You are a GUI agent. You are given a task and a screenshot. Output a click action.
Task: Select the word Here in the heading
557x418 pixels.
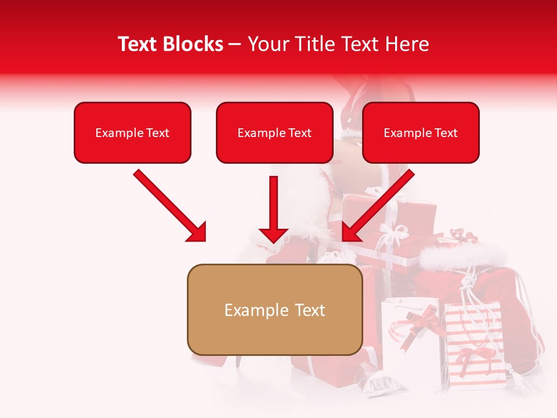coord(406,44)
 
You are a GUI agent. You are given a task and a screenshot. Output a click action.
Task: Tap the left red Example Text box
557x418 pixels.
coord(132,133)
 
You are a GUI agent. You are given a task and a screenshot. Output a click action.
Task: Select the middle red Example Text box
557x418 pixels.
coord(274,133)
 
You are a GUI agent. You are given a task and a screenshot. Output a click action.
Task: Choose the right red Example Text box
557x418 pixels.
coord(421,133)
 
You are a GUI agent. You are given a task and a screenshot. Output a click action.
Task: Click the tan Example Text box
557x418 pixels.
coord(274,309)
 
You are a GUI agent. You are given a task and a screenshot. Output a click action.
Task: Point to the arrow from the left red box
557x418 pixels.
coord(168,204)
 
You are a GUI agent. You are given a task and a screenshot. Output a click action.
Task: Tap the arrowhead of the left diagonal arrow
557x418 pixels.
coord(197,232)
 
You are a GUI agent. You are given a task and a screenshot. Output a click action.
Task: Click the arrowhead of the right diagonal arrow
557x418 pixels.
coord(352,232)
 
